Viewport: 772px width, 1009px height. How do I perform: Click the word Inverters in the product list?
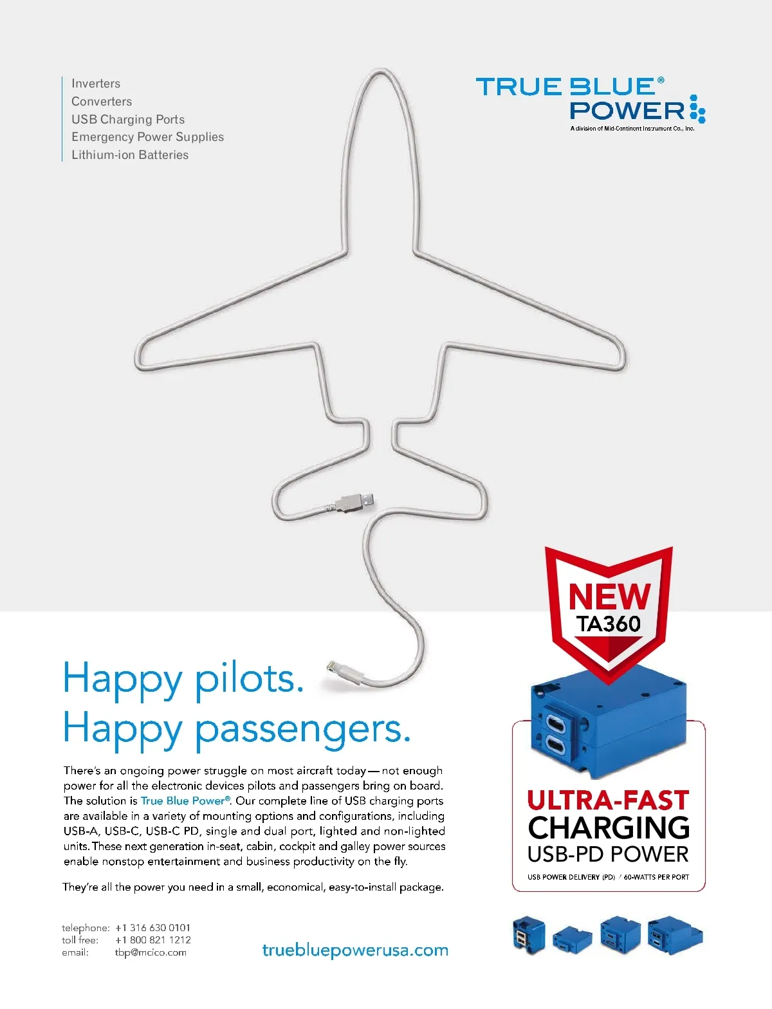[x=96, y=84]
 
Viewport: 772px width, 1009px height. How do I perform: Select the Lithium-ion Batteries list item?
[x=130, y=155]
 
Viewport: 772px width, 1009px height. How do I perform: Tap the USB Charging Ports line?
[x=128, y=120]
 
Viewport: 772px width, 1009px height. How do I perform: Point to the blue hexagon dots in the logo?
[x=697, y=109]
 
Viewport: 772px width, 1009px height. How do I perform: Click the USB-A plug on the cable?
[x=355, y=501]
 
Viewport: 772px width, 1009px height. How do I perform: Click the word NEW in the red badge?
[x=609, y=597]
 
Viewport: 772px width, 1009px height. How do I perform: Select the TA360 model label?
[x=609, y=624]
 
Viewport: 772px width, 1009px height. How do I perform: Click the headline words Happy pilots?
[x=183, y=680]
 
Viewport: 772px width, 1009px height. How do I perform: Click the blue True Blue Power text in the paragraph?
[x=184, y=801]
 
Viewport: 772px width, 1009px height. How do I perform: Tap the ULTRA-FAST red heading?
[x=608, y=801]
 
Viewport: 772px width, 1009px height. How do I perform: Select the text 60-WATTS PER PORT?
[x=656, y=877]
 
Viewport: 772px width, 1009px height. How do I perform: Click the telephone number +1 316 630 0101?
[x=153, y=928]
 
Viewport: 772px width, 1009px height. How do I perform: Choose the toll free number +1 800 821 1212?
[x=153, y=940]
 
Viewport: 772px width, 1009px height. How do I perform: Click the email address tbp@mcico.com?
[x=151, y=952]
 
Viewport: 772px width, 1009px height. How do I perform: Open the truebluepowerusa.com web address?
[x=355, y=950]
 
